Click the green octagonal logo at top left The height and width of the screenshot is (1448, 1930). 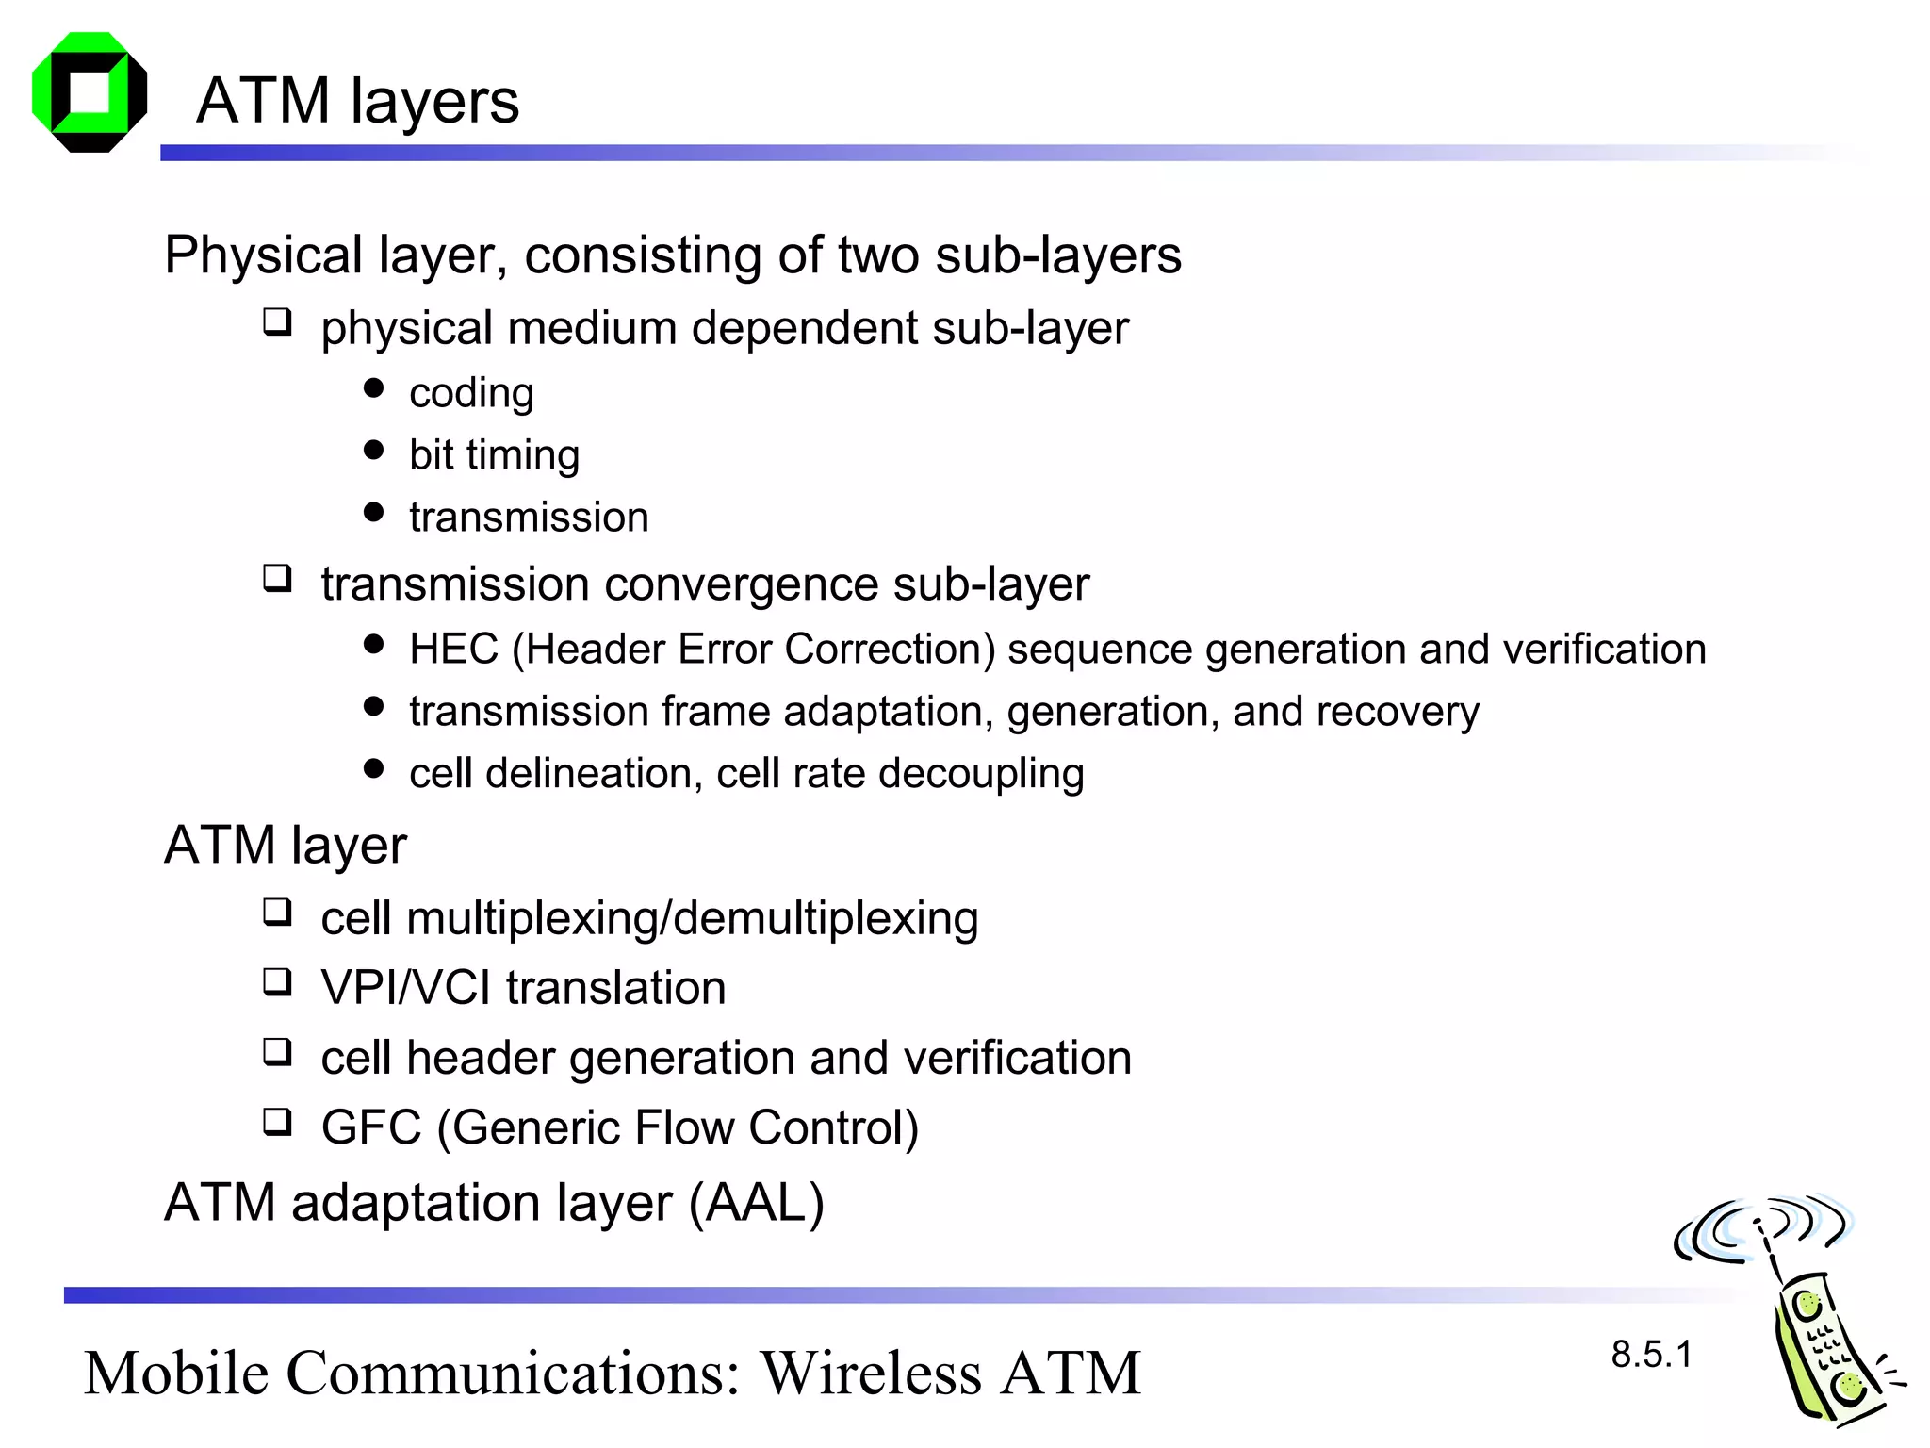[90, 92]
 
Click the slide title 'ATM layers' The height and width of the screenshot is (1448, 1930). [357, 101]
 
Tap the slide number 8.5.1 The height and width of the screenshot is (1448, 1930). [1651, 1355]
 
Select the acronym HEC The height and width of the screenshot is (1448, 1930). [453, 650]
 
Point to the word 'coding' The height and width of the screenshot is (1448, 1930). [471, 393]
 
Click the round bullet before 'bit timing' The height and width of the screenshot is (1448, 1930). [374, 451]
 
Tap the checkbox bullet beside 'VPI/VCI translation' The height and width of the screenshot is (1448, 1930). [277, 982]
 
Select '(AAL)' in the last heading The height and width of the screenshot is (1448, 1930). [757, 1203]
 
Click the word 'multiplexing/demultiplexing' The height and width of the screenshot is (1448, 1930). [693, 918]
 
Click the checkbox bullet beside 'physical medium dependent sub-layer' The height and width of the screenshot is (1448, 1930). [277, 322]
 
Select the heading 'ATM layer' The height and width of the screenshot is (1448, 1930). [286, 845]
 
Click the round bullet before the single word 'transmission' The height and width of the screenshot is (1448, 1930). [374, 513]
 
